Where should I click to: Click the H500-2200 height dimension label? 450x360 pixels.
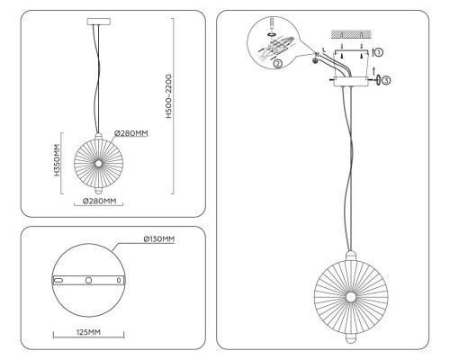point(169,96)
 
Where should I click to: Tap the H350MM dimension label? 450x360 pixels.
point(58,160)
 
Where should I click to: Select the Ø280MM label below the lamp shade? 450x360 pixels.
point(99,201)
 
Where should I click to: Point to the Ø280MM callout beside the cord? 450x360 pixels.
point(131,133)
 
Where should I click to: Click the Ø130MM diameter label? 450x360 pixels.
point(159,239)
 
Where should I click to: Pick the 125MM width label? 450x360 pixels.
point(88,332)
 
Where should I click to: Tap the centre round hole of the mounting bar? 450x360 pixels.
point(88,280)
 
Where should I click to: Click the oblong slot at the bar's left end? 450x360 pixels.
point(58,280)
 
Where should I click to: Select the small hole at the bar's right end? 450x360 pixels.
point(119,280)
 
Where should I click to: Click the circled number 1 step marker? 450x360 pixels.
point(379,52)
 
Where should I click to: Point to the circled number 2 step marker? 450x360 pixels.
point(278,64)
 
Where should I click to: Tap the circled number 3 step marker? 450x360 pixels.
point(386,80)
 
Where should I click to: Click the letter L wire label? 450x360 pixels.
point(324,50)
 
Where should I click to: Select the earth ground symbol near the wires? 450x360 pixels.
point(315,61)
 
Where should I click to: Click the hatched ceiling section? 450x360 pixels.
point(351,34)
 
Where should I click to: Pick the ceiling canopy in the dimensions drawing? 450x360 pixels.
point(99,22)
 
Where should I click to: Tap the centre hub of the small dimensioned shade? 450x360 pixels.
point(98,163)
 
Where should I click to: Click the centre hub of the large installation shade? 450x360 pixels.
point(350,297)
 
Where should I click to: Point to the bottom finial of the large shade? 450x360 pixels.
point(350,338)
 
